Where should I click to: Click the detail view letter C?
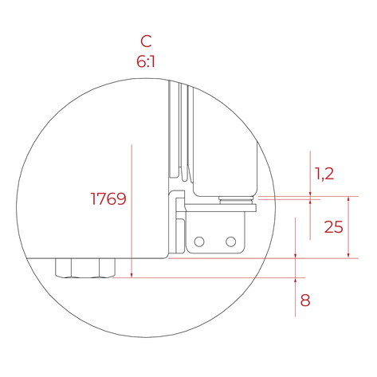click(x=146, y=41)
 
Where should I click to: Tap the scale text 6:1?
click(x=146, y=61)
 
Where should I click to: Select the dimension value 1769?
click(x=108, y=198)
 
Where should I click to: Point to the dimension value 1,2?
click(x=324, y=174)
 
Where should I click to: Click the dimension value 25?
click(x=334, y=227)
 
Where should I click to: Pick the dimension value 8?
click(x=305, y=300)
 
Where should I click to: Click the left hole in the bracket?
click(x=199, y=242)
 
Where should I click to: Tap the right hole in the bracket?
click(x=230, y=242)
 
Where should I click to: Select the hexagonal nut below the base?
click(x=85, y=268)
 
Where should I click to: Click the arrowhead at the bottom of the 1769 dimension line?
click(x=132, y=275)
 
